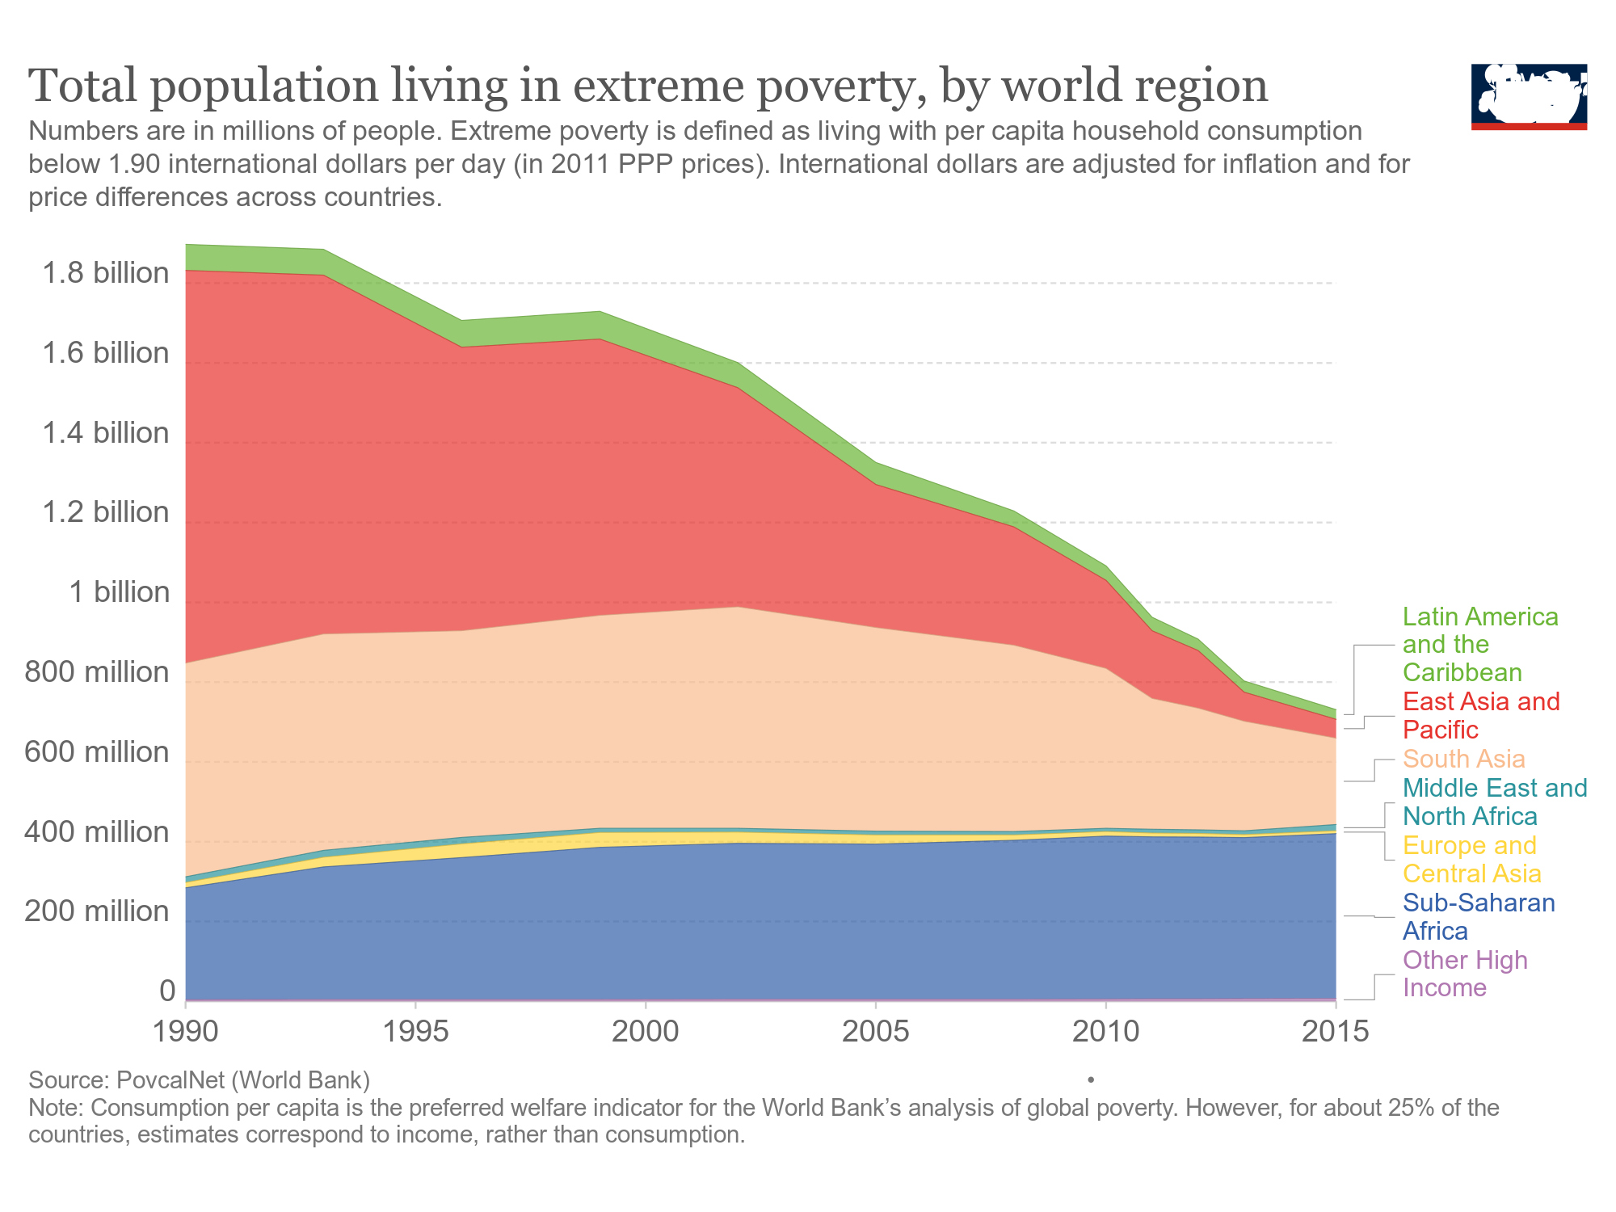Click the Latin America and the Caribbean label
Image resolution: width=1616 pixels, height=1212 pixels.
(x=1479, y=645)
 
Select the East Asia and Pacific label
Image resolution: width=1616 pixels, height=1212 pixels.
(x=1480, y=715)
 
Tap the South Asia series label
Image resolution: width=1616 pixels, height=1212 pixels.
(x=1463, y=759)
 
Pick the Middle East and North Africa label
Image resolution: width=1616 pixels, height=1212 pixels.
(x=1494, y=802)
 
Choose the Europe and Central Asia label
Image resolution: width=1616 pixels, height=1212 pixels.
(x=1471, y=859)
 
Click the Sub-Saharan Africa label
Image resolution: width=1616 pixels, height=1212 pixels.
(x=1478, y=916)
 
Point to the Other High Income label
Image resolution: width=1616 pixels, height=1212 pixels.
(x=1465, y=974)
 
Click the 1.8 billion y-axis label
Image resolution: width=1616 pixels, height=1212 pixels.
(x=106, y=273)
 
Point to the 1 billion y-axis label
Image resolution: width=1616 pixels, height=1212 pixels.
(x=120, y=592)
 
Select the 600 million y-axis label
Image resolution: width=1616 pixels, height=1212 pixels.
(x=97, y=752)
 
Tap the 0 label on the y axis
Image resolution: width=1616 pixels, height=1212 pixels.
(x=167, y=991)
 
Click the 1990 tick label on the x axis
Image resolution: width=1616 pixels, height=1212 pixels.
(x=186, y=1033)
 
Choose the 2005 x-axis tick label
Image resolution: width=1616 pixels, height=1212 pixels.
(x=876, y=1033)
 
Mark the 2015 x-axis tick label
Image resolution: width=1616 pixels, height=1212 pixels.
(x=1336, y=1033)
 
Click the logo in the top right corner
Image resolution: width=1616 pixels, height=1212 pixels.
(x=1529, y=96)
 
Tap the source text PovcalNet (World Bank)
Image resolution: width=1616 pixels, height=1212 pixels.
(x=242, y=1080)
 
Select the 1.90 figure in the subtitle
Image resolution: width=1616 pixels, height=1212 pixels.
(x=134, y=164)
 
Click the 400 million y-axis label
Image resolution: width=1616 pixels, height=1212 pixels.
(x=97, y=831)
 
